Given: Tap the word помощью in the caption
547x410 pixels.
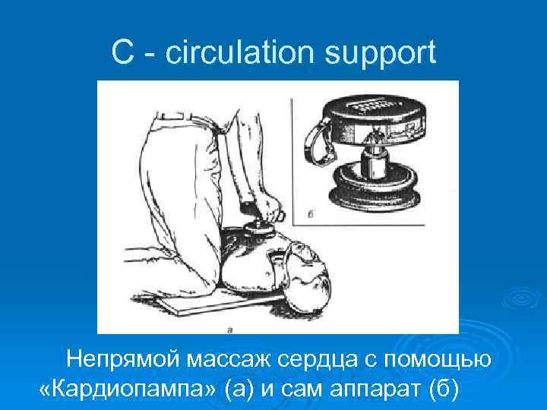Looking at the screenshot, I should [436, 359].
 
